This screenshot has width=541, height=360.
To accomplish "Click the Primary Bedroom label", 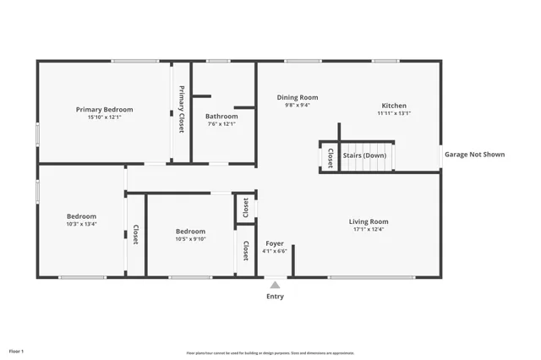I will point(104,109).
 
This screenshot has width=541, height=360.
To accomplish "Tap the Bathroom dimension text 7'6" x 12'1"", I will point(221,124).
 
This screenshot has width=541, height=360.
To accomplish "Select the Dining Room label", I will point(298,97).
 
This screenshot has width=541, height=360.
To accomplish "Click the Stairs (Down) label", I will point(364,155).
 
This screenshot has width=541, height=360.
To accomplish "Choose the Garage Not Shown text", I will point(474,155).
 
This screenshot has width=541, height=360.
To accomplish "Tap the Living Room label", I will point(369,221).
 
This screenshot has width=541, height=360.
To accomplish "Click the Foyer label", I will point(275,243).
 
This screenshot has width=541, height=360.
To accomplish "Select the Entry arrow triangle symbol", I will point(275,285).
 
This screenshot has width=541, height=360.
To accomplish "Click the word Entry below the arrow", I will point(275,297).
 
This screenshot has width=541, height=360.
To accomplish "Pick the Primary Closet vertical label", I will point(181,109).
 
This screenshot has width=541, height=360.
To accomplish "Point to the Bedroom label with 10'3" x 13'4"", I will point(82,216).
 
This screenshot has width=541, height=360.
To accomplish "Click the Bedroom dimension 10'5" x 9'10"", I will point(190,239).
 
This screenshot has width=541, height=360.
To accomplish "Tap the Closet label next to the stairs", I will point(330,156).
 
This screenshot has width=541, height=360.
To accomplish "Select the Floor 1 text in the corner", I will point(16,350).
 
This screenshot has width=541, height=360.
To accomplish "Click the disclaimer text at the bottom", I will point(270,353).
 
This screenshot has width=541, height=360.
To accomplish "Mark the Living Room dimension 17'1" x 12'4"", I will point(369,230).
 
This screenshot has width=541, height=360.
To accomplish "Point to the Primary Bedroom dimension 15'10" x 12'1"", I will point(104,117).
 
